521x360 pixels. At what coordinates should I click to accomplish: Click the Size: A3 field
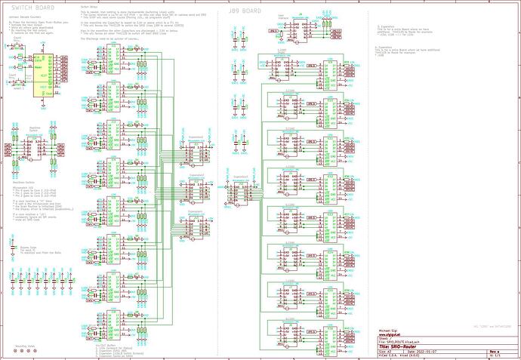[385, 350]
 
